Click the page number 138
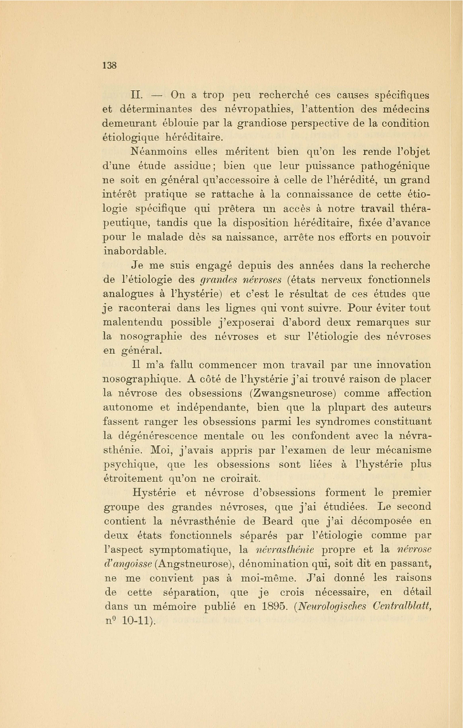[109, 66]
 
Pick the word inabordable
[135, 251]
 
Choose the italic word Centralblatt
[402, 607]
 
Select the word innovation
[403, 365]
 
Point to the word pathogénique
[395, 166]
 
